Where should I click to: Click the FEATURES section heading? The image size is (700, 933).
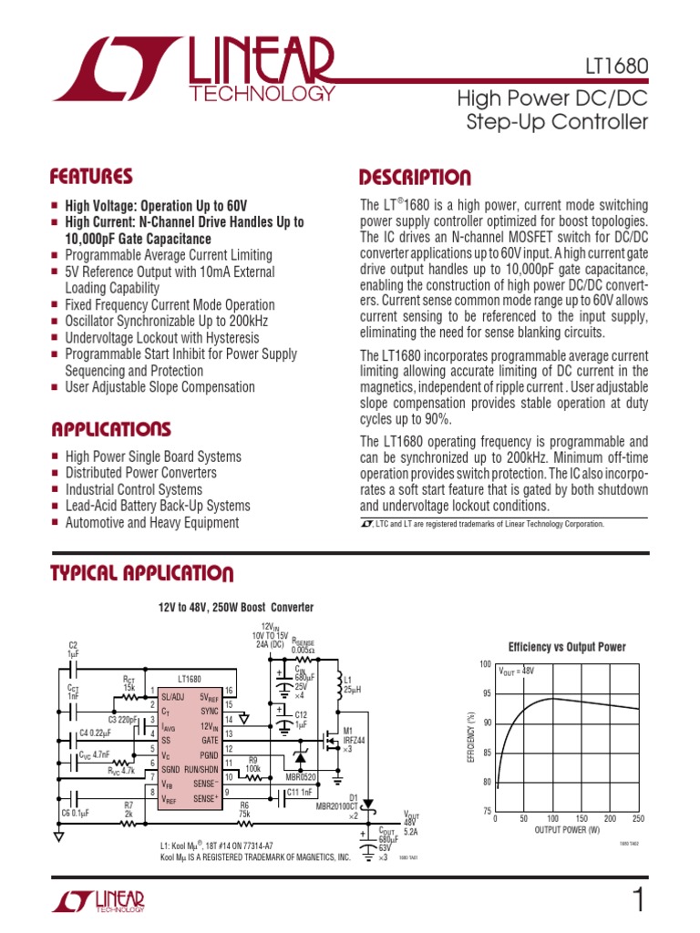(x=91, y=176)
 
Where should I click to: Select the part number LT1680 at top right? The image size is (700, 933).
(x=617, y=67)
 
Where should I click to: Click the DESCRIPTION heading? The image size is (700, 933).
(x=415, y=177)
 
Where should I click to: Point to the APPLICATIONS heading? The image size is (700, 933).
(x=111, y=428)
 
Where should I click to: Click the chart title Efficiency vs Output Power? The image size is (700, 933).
(x=567, y=647)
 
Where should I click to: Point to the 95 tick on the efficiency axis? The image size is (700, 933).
(x=486, y=693)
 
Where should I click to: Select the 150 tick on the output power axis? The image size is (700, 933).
(x=581, y=819)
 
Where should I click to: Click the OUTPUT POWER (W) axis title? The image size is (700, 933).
(x=568, y=830)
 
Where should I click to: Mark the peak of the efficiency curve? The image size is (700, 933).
(x=551, y=699)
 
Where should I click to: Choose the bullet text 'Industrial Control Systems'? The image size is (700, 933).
(x=133, y=489)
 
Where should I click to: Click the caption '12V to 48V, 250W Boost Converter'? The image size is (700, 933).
(x=236, y=607)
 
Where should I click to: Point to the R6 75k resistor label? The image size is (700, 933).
(x=244, y=810)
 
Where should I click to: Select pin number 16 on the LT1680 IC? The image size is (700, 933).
(x=230, y=692)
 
